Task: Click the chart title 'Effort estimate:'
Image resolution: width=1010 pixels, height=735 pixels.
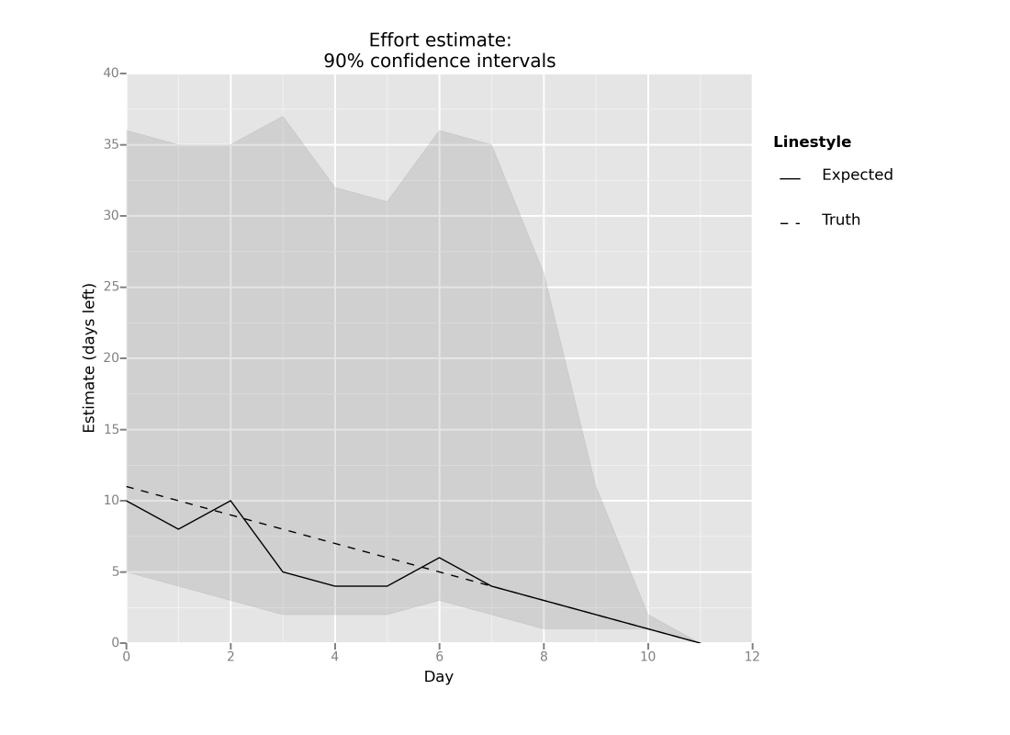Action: click(439, 40)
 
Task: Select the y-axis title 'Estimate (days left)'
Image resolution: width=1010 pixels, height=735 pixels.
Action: click(89, 358)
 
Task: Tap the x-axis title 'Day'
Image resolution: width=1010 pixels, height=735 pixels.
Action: click(439, 677)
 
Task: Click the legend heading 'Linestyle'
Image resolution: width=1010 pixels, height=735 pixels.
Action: click(812, 142)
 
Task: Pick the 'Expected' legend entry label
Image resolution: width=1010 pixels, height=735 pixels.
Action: click(857, 175)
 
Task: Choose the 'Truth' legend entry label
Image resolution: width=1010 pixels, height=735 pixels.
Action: click(840, 220)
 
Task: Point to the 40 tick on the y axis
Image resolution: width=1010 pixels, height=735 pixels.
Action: click(111, 73)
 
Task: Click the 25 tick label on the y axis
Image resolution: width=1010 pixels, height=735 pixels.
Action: click(111, 288)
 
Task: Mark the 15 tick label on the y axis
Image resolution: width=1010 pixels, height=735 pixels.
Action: click(111, 430)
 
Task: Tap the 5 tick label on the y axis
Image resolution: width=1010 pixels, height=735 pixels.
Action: click(115, 572)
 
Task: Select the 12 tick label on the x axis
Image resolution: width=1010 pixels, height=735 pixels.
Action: click(752, 656)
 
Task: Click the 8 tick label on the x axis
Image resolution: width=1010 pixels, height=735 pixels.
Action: click(544, 656)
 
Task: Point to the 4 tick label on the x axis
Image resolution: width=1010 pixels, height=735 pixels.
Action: click(335, 656)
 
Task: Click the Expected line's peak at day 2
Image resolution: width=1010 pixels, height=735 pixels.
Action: click(230, 501)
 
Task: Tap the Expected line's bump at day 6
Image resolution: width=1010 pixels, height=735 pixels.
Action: click(439, 558)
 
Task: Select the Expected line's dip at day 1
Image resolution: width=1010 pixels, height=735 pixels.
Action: click(178, 529)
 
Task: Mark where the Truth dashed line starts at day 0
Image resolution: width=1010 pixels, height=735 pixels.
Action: click(127, 487)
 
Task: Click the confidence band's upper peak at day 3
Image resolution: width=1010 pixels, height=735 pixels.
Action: click(283, 116)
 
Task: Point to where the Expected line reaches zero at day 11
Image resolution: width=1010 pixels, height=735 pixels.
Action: click(700, 643)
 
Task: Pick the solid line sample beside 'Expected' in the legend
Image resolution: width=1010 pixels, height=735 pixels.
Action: click(790, 178)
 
